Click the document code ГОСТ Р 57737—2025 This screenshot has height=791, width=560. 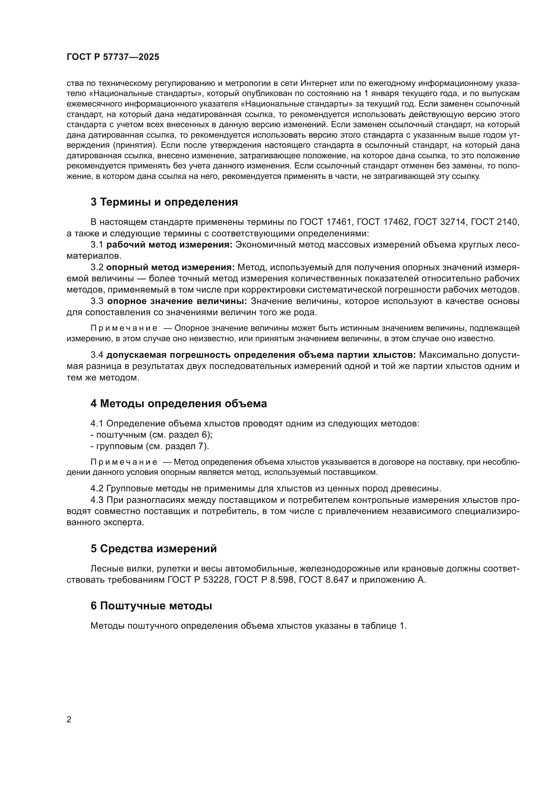[113, 57]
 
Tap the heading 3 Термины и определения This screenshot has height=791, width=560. [164, 202]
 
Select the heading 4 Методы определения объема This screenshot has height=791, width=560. [179, 403]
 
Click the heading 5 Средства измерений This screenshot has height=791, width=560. [154, 549]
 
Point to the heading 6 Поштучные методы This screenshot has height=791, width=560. [151, 606]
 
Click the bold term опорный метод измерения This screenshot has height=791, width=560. [170, 267]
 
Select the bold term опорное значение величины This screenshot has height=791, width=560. [177, 301]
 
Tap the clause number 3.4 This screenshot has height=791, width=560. [97, 355]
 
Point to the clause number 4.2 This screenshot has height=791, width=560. [97, 489]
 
